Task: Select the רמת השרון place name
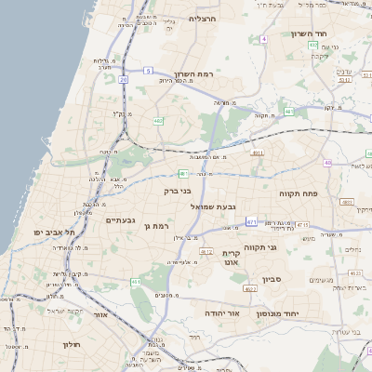click(194, 73)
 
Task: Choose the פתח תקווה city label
click(299, 193)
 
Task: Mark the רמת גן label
click(160, 225)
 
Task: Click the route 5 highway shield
click(148, 70)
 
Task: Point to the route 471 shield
click(252, 221)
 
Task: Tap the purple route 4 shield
click(263, 38)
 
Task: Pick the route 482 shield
click(158, 120)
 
